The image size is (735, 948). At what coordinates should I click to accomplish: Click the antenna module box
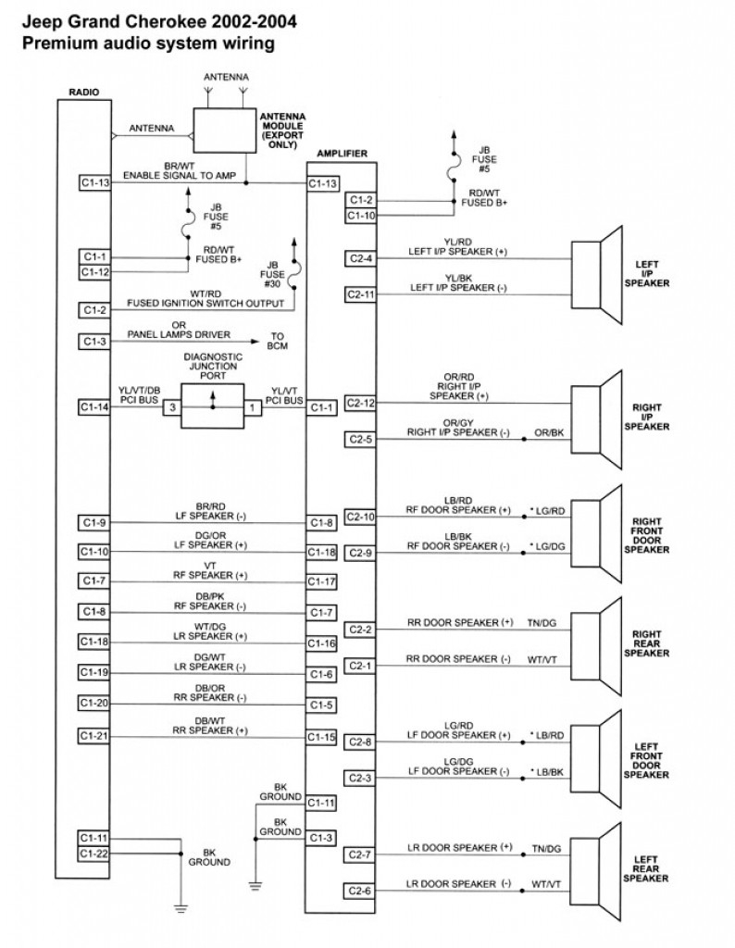click(x=224, y=131)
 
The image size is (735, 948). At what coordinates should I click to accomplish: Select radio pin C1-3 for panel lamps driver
click(x=94, y=342)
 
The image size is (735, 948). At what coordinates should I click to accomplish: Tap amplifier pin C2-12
click(x=360, y=403)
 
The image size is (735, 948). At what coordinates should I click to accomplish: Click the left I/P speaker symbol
click(x=596, y=275)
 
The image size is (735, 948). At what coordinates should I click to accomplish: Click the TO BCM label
click(x=278, y=342)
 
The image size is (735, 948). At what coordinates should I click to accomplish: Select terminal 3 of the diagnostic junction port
click(x=172, y=407)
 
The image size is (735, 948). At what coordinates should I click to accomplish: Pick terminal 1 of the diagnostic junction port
click(x=253, y=407)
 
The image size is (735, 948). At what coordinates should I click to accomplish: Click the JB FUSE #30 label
click(x=272, y=274)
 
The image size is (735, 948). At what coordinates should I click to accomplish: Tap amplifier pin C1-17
click(x=321, y=581)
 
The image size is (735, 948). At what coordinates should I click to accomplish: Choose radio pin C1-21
click(x=94, y=736)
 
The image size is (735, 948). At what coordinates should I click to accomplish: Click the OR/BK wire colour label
click(x=549, y=433)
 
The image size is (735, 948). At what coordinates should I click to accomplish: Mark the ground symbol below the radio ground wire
click(x=181, y=907)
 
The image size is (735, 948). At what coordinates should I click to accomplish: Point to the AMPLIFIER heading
click(x=343, y=154)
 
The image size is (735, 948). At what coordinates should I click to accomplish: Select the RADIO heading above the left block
click(x=84, y=93)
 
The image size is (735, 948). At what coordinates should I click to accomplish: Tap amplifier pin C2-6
click(x=360, y=891)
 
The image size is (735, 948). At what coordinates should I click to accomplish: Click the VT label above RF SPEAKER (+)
click(x=210, y=566)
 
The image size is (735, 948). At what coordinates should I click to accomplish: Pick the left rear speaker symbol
click(x=596, y=872)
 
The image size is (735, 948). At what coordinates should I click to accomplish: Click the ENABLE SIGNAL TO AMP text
click(x=180, y=175)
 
